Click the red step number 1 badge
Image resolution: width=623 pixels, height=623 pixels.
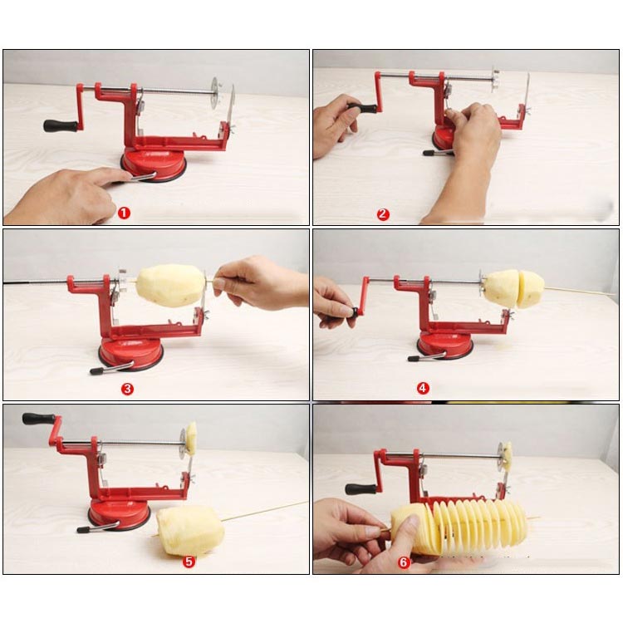coord(124,213)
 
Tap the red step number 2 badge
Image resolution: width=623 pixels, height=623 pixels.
coord(383,214)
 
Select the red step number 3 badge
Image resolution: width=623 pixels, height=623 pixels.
coord(127,389)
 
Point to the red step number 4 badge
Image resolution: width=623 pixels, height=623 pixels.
coord(423,388)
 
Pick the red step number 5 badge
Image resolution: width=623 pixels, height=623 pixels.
coord(189,562)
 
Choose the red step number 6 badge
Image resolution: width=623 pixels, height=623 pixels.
coord(404,562)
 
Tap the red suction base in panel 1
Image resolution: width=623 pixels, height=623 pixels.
coord(154,164)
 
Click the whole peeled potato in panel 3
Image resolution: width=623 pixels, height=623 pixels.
coord(171,285)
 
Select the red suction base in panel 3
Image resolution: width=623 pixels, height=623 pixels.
coord(130,354)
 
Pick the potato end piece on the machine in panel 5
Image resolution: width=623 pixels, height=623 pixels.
coord(192,439)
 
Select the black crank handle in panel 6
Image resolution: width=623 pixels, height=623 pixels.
coord(361,488)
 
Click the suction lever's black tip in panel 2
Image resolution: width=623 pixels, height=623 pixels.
coord(429,153)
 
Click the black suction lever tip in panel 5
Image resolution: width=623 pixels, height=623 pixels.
coord(84,530)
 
